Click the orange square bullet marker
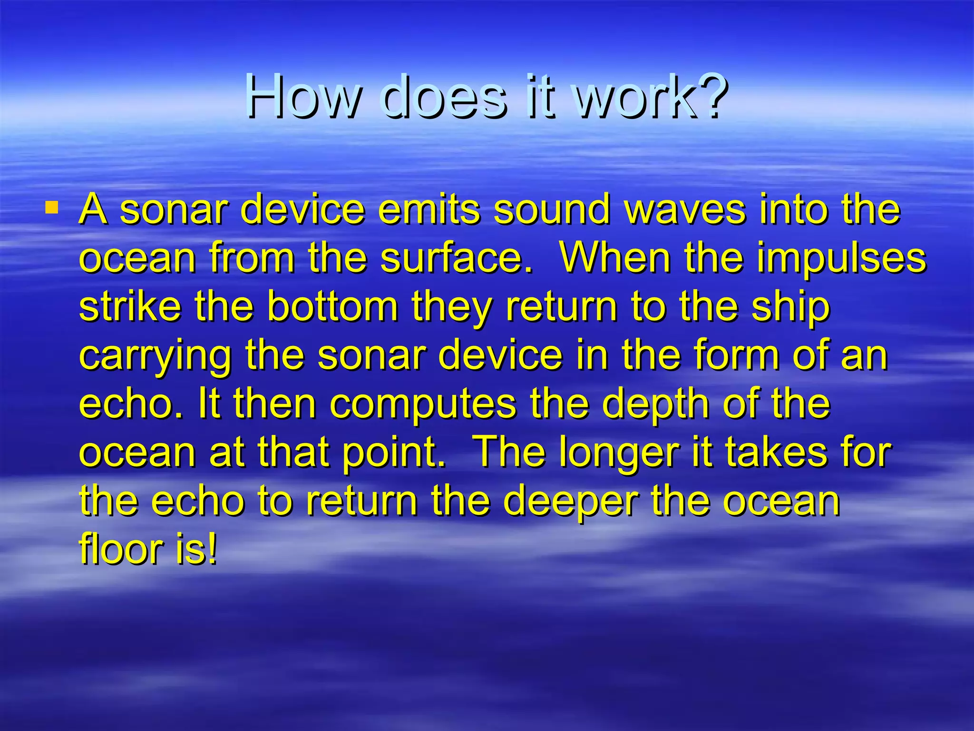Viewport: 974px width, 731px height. pos(52,208)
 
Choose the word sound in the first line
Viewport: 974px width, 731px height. pos(551,209)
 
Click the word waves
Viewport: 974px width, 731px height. pos(685,209)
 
